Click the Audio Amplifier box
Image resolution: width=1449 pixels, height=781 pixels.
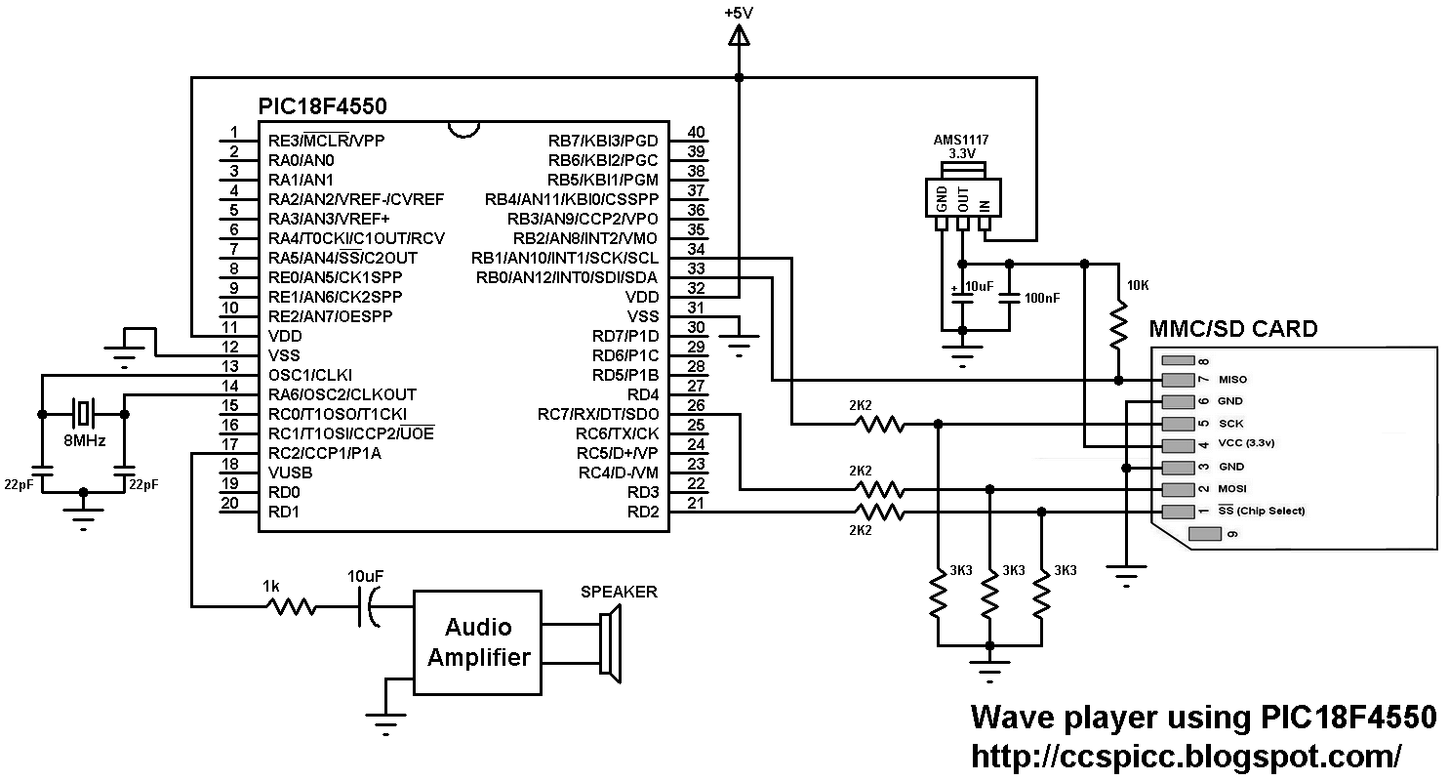coord(477,642)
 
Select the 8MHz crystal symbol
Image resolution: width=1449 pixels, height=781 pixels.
coord(84,412)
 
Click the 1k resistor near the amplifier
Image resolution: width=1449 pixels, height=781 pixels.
coord(291,607)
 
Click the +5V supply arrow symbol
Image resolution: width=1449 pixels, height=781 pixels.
coord(739,37)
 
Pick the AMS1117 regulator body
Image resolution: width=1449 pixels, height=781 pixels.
coord(962,196)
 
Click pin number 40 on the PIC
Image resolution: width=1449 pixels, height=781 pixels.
coord(696,133)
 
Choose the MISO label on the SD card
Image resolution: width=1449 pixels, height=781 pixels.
coord(1232,379)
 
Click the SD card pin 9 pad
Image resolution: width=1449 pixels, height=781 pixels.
coord(1206,534)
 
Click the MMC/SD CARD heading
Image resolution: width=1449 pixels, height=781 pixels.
coord(1233,328)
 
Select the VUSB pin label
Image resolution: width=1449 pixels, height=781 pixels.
coord(291,473)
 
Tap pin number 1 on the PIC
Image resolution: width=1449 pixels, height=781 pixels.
coord(233,133)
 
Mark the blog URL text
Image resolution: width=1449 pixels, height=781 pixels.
coord(1186,755)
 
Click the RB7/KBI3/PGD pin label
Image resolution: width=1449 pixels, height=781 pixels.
coord(603,141)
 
